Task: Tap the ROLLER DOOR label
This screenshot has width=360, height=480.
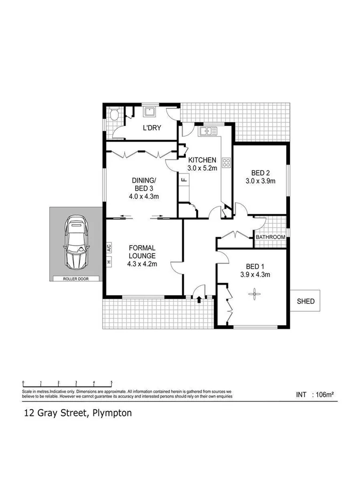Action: point(75,279)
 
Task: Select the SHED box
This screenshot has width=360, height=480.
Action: point(306,302)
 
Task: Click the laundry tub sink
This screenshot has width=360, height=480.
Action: point(149,112)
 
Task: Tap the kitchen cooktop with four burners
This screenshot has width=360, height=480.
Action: point(226,162)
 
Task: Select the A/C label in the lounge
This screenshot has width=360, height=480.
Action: point(108,248)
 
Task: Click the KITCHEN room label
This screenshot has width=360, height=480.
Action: point(201,160)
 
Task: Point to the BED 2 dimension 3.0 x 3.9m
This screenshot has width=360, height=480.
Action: point(260,181)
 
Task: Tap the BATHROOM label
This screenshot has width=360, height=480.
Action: point(270,237)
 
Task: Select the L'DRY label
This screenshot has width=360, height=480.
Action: point(152,129)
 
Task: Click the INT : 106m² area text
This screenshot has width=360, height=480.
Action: point(315,395)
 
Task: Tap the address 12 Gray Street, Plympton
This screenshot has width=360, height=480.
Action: point(77,413)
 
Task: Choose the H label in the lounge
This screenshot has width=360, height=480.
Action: point(108,262)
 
